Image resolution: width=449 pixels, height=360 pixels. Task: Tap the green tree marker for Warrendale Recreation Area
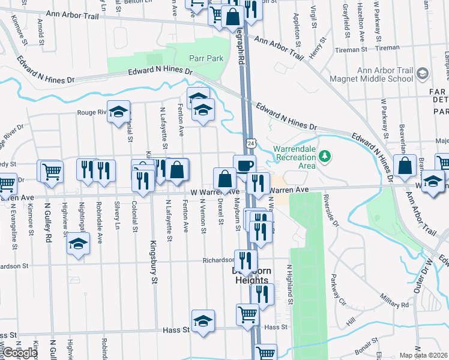click(325, 156)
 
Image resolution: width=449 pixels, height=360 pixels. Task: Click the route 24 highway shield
click(250, 143)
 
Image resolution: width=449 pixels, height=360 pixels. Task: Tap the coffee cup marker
click(244, 165)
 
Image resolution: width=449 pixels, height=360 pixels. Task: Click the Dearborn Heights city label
click(252, 275)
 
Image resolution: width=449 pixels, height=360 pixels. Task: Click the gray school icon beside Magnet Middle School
click(422, 74)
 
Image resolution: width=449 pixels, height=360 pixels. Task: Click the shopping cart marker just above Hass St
click(247, 313)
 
